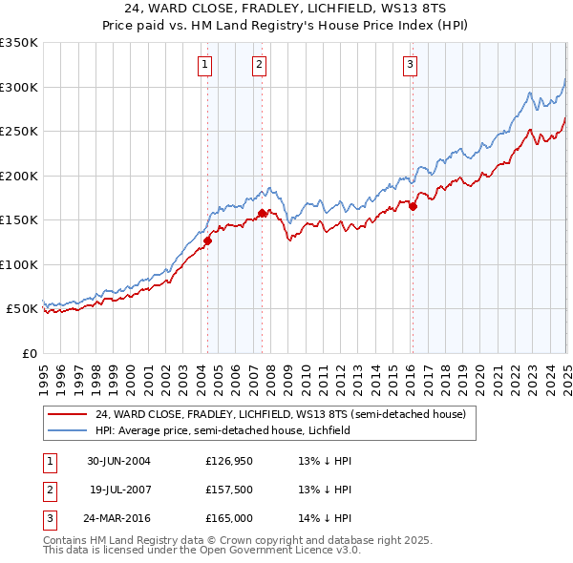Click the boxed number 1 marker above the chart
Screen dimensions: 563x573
[206, 65]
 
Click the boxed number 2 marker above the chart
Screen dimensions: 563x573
[260, 65]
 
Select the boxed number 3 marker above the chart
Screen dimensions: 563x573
[410, 65]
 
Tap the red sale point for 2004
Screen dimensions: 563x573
[207, 240]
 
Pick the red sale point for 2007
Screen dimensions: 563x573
[262, 213]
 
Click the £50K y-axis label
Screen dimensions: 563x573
[22, 309]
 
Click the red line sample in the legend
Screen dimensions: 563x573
[68, 414]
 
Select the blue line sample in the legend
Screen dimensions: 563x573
[68, 430]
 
